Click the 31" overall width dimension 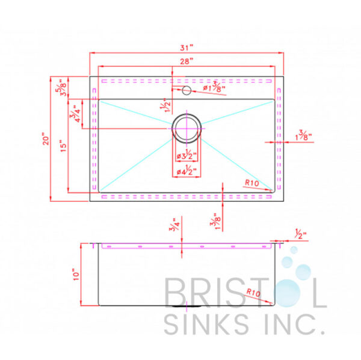[x=187, y=47]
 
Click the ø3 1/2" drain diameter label [x=188, y=157]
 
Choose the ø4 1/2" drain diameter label [x=188, y=172]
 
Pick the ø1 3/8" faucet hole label [x=214, y=88]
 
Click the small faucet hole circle [x=187, y=91]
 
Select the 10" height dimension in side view [x=76, y=275]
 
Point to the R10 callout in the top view [x=252, y=183]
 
